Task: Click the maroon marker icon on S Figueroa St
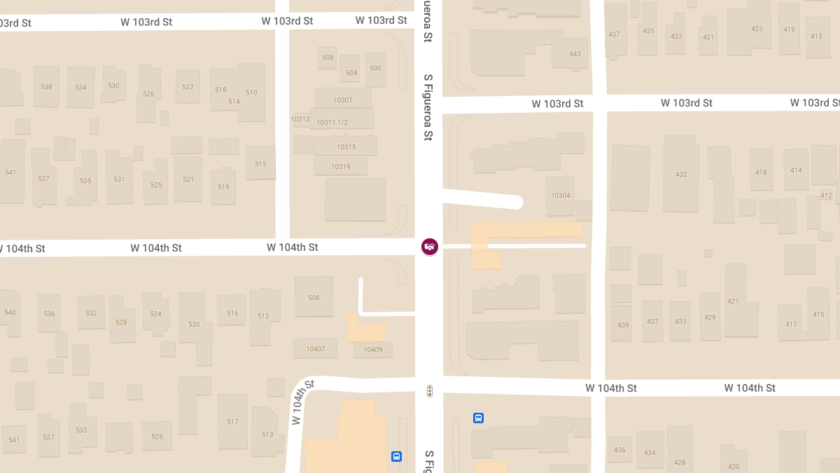pos(430,247)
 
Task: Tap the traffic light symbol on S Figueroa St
pos(430,391)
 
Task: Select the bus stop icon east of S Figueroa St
pos(479,418)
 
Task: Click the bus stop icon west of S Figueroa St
pos(396,457)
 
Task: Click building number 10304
pos(561,196)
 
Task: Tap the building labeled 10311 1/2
pos(332,123)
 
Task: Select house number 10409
pos(372,350)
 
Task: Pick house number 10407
pos(316,349)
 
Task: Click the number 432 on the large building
pos(681,174)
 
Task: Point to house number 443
pos(575,54)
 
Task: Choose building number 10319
pos(341,167)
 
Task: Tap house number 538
pos(46,87)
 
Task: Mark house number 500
pos(375,68)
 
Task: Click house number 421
pos(733,301)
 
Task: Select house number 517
pos(232,422)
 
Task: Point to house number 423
pos(757,29)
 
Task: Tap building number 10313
pos(300,119)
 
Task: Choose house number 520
pos(194,324)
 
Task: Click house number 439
pos(624,325)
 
